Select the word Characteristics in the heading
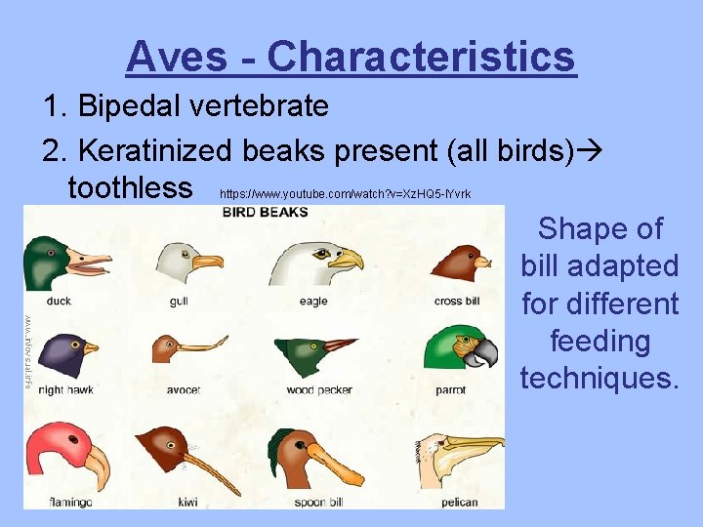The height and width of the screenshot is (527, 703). coord(421,57)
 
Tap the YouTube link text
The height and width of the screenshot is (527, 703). coord(346,193)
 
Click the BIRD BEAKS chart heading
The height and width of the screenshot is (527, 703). coord(265,212)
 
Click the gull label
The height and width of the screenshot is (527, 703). coord(179,302)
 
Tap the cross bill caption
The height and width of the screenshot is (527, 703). coord(456,302)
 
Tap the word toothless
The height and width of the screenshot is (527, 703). coord(131,185)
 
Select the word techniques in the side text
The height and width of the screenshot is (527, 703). coord(599,378)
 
